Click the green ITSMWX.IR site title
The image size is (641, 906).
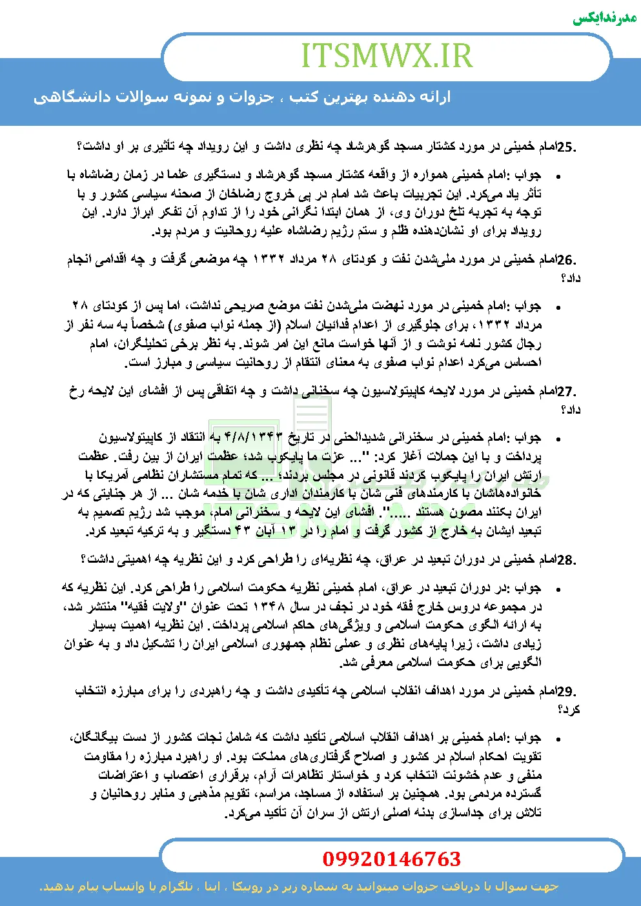pyautogui.click(x=387, y=56)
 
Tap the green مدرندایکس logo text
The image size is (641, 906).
pyautogui.click(x=605, y=17)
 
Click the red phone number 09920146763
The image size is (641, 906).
pyautogui.click(x=391, y=859)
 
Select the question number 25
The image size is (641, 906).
pyautogui.click(x=565, y=147)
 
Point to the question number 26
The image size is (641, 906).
pyautogui.click(x=565, y=260)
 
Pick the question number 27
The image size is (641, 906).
pyautogui.click(x=565, y=392)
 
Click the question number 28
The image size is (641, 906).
pyautogui.click(x=565, y=559)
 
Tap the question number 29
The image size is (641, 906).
pyautogui.click(x=565, y=692)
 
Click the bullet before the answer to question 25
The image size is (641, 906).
pyautogui.click(x=558, y=176)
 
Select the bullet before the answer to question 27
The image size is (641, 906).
pyautogui.click(x=558, y=439)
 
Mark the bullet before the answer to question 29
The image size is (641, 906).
pyautogui.click(x=558, y=738)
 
